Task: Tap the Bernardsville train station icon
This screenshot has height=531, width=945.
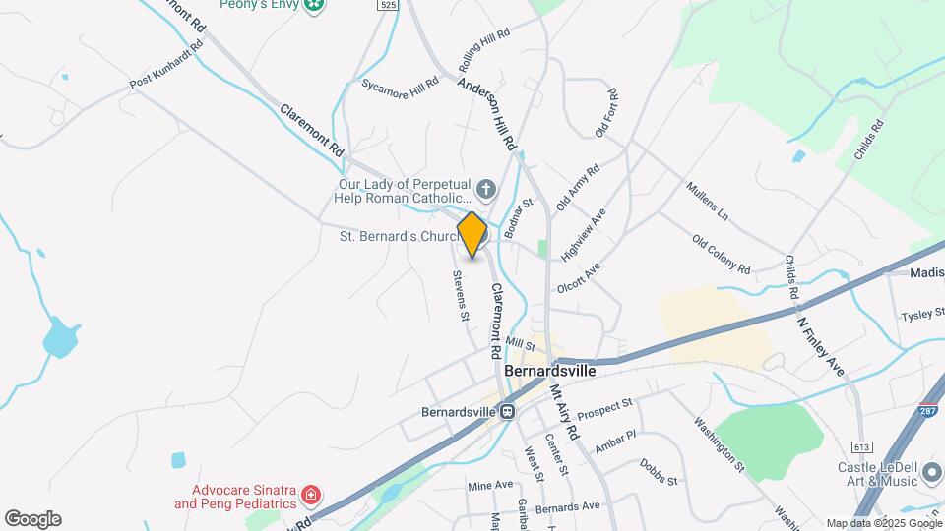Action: pyautogui.click(x=507, y=412)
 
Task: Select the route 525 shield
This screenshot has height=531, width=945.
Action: pyautogui.click(x=388, y=5)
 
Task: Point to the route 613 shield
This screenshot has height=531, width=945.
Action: pyautogui.click(x=862, y=446)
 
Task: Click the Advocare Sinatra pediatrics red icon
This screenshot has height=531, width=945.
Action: pyautogui.click(x=311, y=494)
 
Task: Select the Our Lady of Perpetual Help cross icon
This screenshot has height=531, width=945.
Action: pyautogui.click(x=485, y=188)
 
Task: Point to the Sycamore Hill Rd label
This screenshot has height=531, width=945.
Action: pyautogui.click(x=399, y=86)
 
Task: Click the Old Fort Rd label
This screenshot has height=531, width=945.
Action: pyautogui.click(x=604, y=113)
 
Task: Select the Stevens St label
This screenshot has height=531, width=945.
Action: pyautogui.click(x=460, y=296)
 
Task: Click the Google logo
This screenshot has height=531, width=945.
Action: pyautogui.click(x=32, y=519)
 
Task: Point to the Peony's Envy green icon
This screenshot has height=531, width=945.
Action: pyautogui.click(x=314, y=5)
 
